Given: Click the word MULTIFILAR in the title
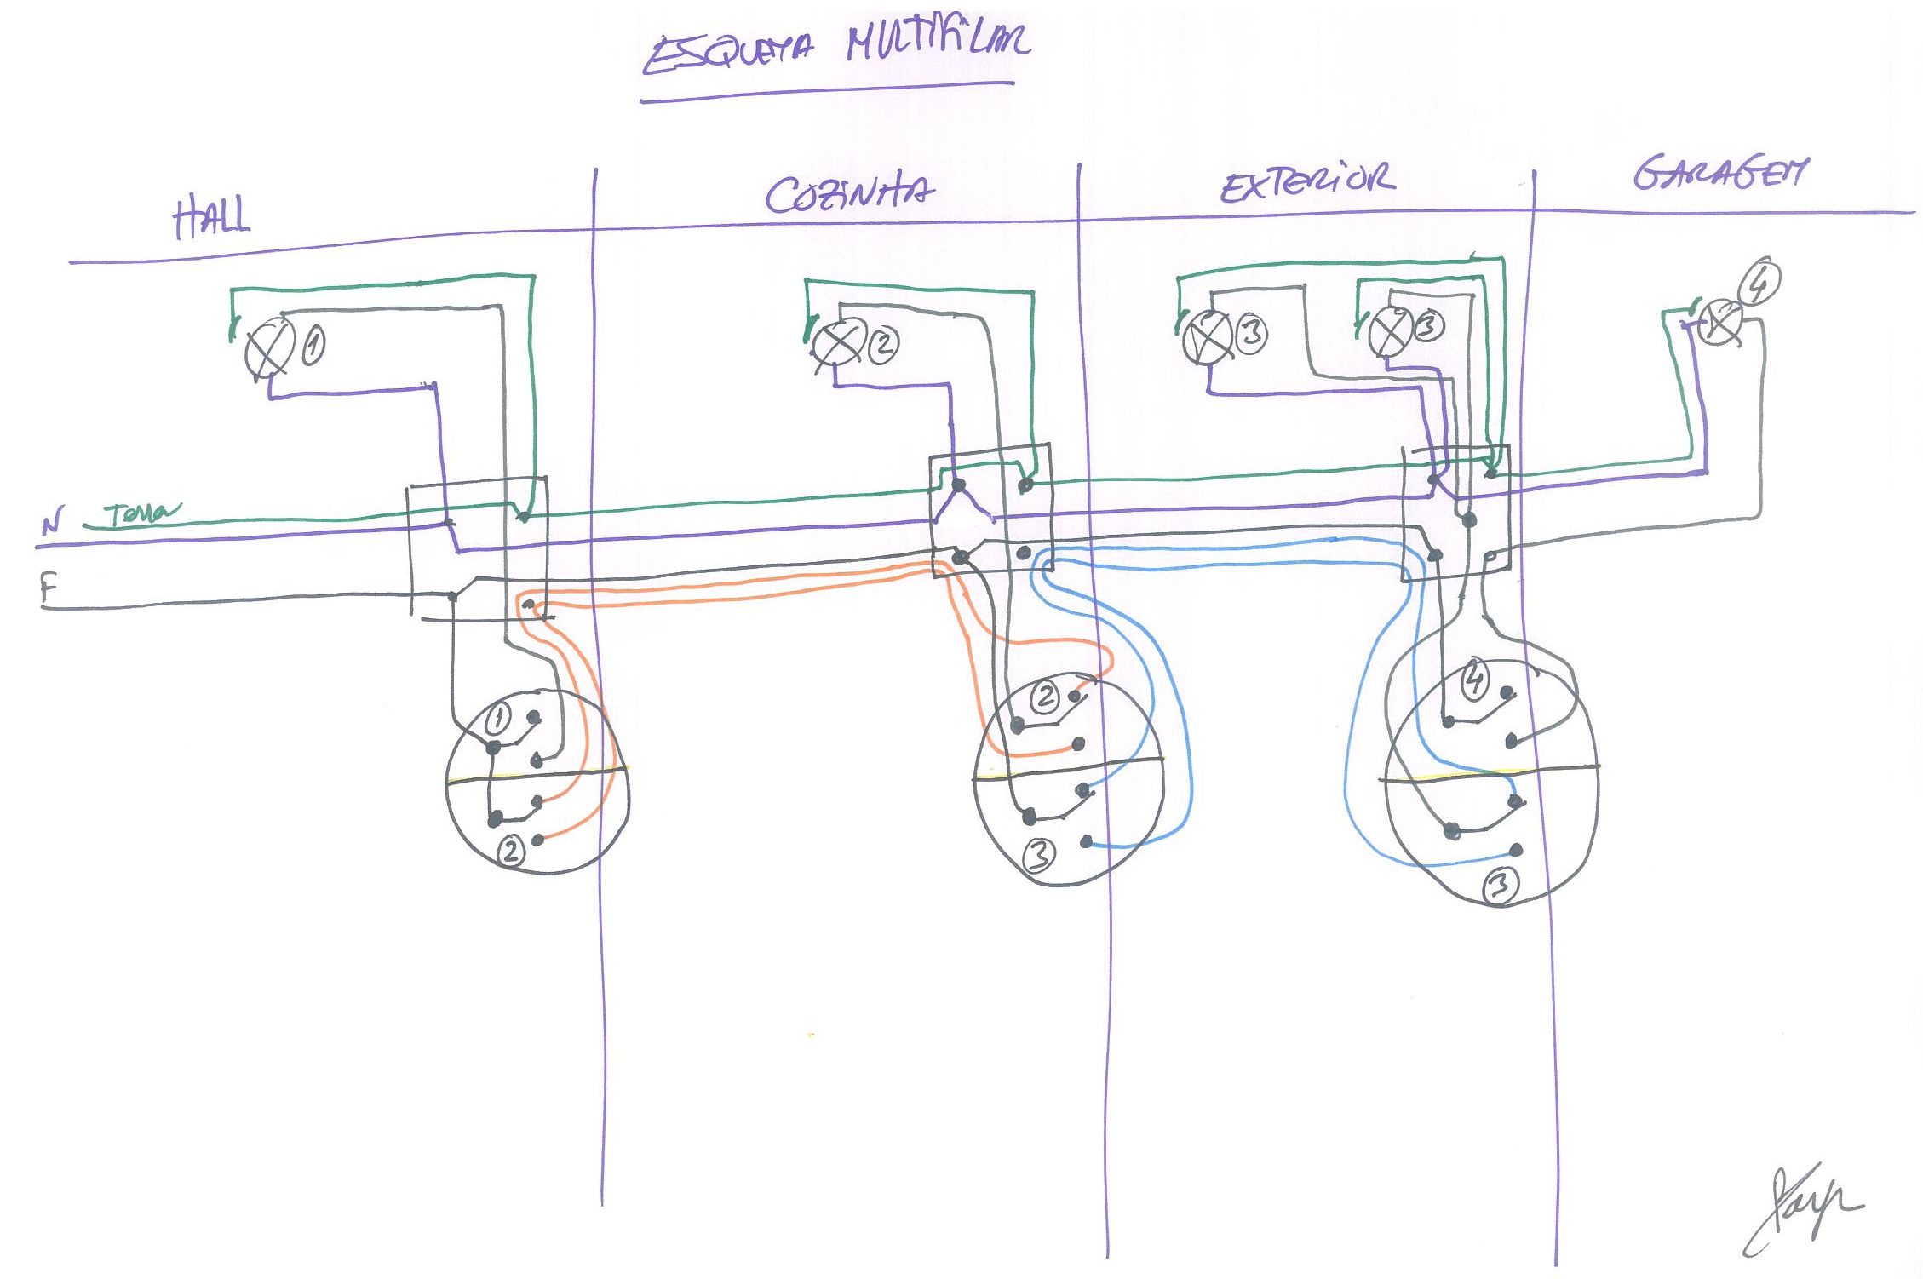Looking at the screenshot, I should tap(937, 43).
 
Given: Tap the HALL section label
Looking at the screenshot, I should tap(212, 217).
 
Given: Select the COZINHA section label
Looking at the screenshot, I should tap(848, 195).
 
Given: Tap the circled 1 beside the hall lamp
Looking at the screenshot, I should tap(313, 346).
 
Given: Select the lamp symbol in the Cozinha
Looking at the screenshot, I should tap(836, 343).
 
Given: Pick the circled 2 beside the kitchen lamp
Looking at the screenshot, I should tap(883, 344).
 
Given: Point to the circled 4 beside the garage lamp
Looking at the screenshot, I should tap(1759, 284).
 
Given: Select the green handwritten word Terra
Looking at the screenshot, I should tap(141, 513).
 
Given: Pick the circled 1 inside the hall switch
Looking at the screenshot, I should tap(498, 720).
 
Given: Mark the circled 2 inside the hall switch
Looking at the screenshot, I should tap(511, 850).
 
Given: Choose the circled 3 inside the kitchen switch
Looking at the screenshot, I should tap(1040, 854).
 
